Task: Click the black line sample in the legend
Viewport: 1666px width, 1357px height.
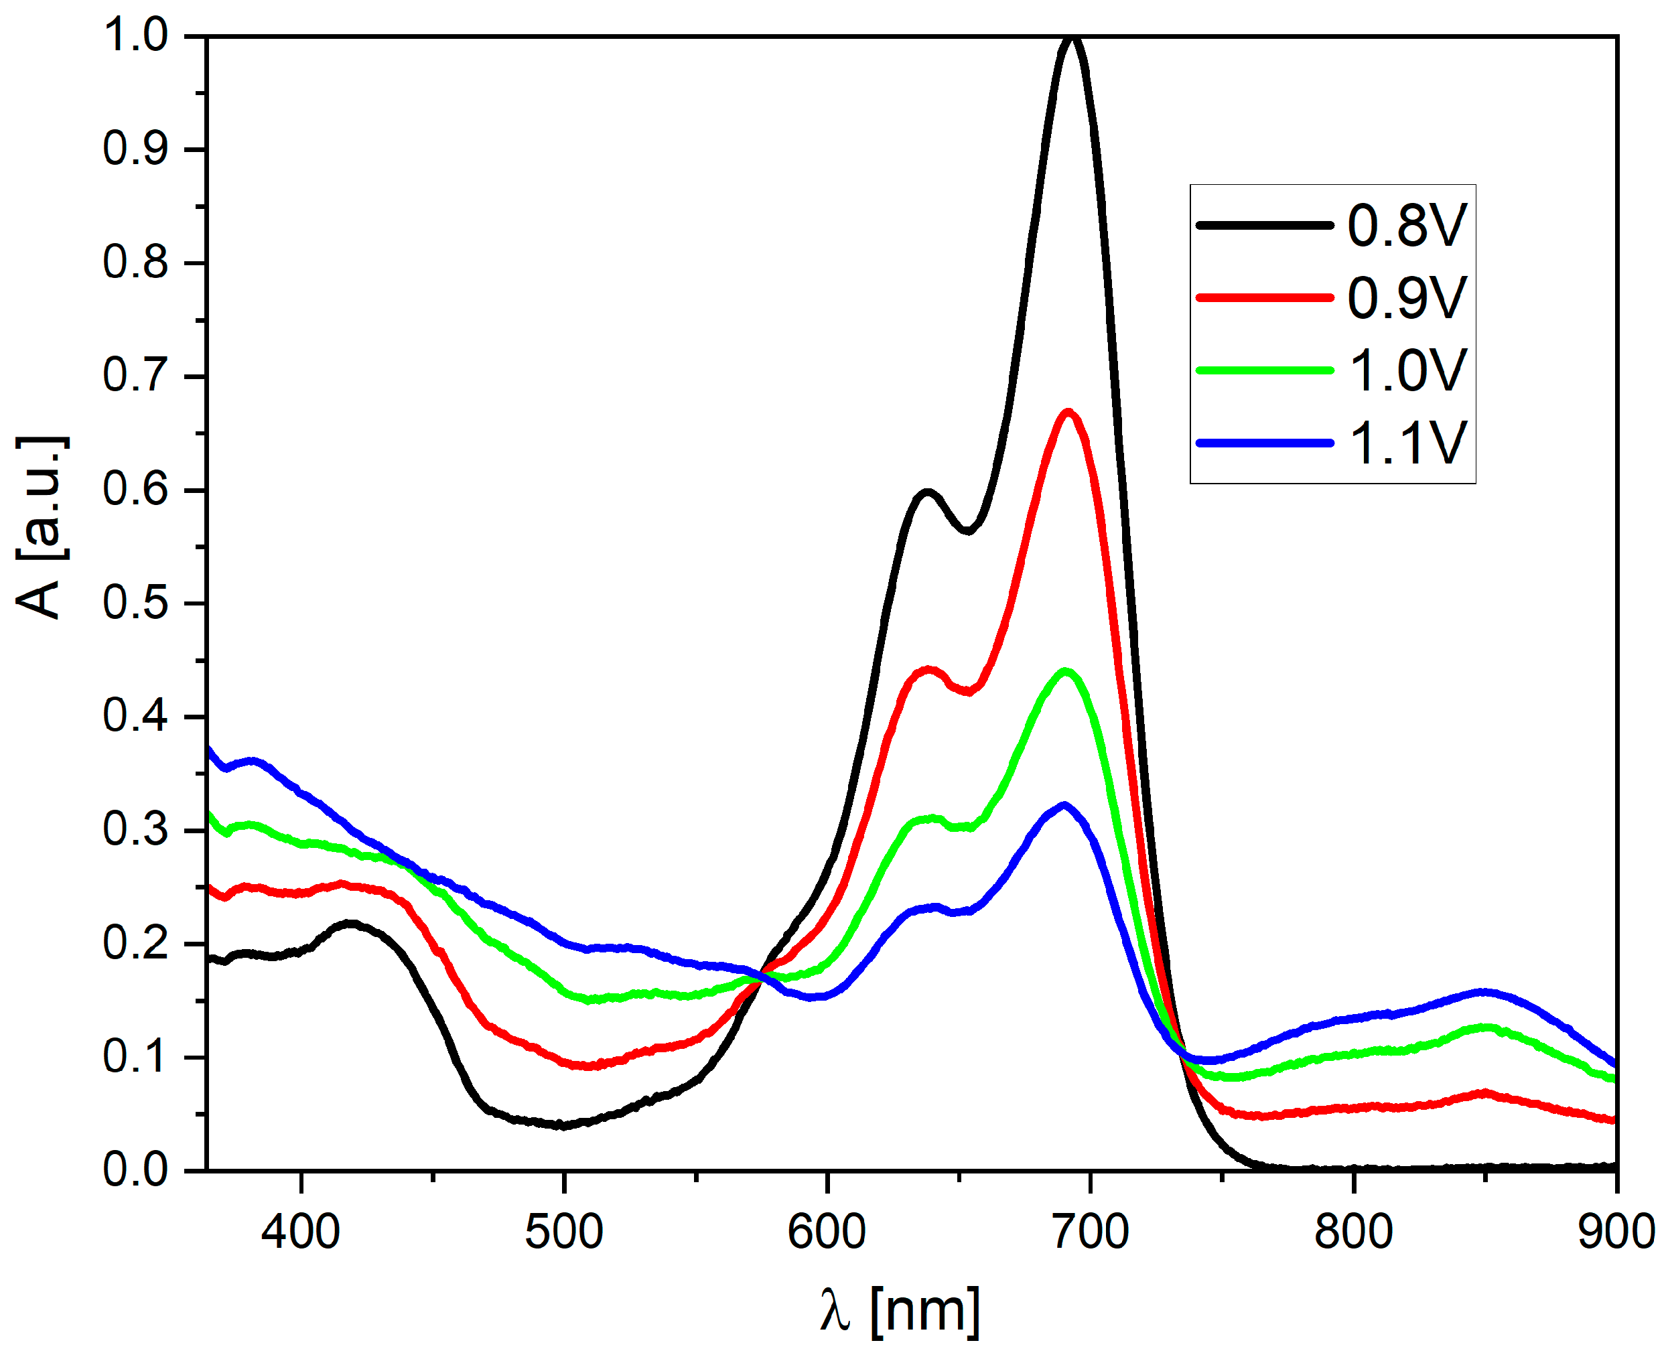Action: pyautogui.click(x=1263, y=225)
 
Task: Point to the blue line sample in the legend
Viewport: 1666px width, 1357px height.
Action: pyautogui.click(x=1263, y=443)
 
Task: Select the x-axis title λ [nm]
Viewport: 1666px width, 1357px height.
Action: pyautogui.click(x=899, y=1311)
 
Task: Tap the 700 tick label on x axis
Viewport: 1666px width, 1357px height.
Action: pyautogui.click(x=1090, y=1232)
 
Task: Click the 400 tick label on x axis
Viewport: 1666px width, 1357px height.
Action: pyautogui.click(x=300, y=1232)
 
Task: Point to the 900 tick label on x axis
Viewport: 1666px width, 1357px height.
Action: pyautogui.click(x=1615, y=1232)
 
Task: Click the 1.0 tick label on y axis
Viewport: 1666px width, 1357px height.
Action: pyautogui.click(x=135, y=36)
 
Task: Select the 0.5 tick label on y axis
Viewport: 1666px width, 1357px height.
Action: pyautogui.click(x=135, y=603)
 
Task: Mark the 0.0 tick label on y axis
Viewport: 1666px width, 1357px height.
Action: pyautogui.click(x=135, y=1170)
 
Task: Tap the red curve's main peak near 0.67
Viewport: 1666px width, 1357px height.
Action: pyautogui.click(x=1068, y=412)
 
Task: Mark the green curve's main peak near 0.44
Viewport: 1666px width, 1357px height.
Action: pyautogui.click(x=1065, y=671)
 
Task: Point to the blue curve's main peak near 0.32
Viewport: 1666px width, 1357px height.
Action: pyautogui.click(x=1064, y=805)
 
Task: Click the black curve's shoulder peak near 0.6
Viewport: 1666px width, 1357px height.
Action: pyautogui.click(x=927, y=492)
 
